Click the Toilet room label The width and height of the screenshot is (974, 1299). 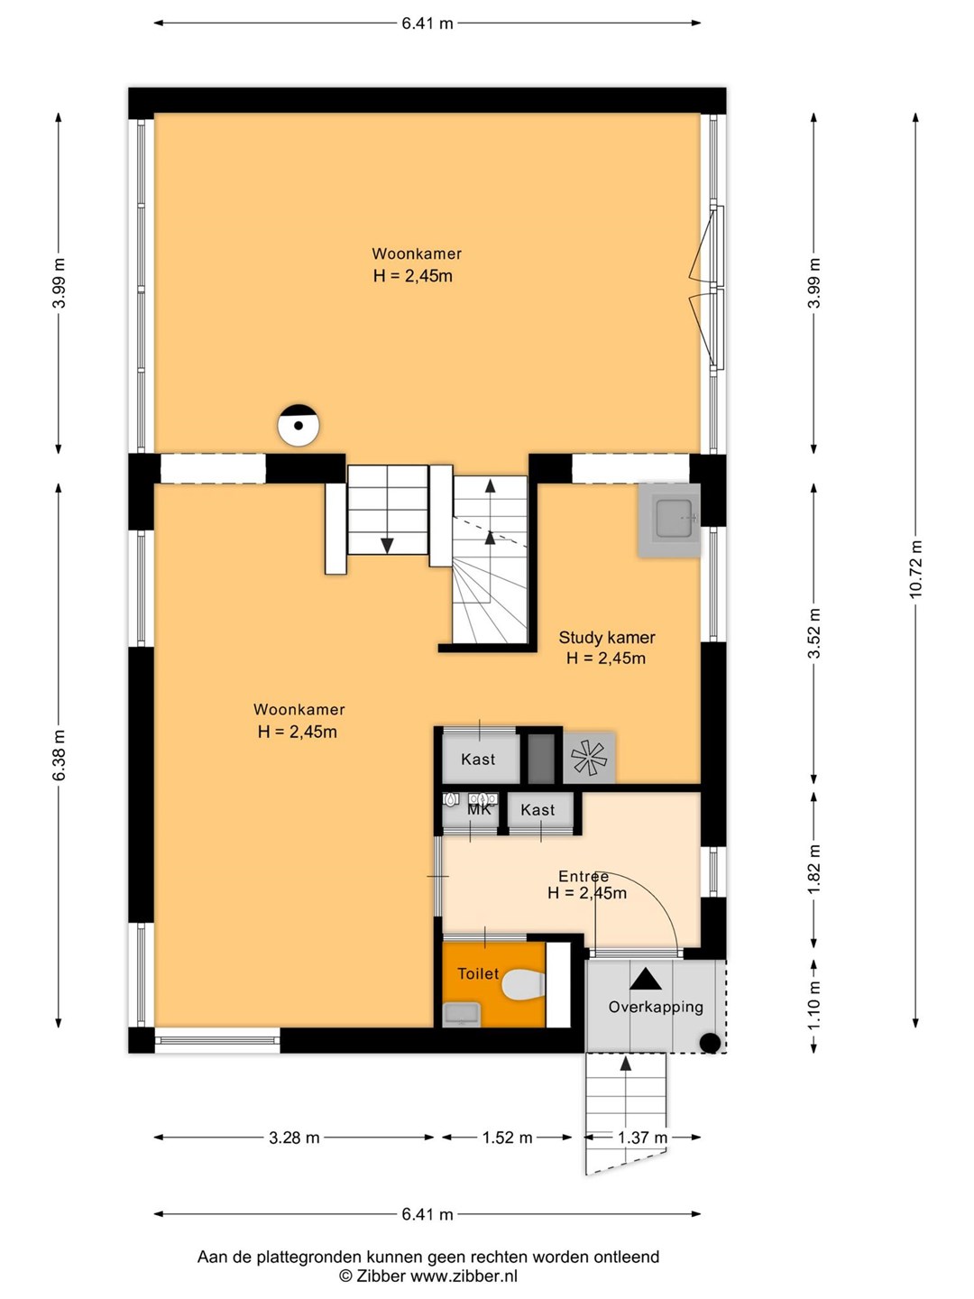[x=478, y=973]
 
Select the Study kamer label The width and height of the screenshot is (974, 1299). [x=607, y=638]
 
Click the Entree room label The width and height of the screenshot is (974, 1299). [x=583, y=876]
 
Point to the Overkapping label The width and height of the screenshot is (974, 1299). [x=656, y=1007]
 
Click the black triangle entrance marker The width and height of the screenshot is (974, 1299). [x=645, y=980]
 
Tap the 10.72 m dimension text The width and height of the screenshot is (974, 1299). [x=915, y=569]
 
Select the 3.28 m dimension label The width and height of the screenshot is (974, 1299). [x=294, y=1138]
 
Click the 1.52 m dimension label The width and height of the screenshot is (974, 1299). [x=507, y=1138]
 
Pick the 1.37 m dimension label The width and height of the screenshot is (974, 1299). [x=642, y=1138]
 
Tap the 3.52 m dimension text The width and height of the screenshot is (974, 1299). [x=814, y=632]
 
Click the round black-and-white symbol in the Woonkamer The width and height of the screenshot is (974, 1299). [x=299, y=425]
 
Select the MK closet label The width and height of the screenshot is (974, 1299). [x=479, y=809]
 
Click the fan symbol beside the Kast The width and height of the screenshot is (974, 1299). [x=588, y=758]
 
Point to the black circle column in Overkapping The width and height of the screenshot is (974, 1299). [x=710, y=1043]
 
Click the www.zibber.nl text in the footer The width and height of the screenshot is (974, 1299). [x=464, y=1276]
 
